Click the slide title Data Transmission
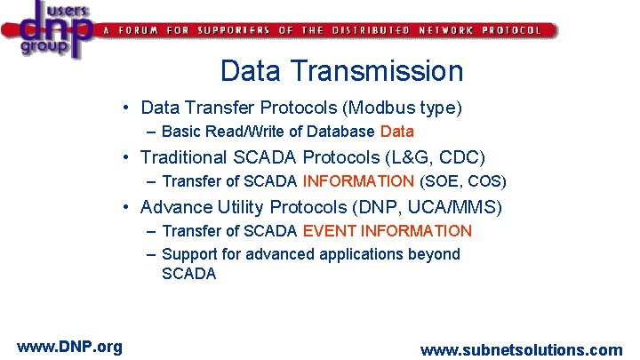point(341,70)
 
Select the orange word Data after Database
point(396,132)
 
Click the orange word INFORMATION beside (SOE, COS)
point(358,181)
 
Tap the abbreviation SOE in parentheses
point(441,181)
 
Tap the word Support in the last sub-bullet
point(190,254)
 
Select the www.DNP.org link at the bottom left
point(69,347)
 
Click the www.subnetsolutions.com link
point(521,350)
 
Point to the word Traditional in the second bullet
point(184,158)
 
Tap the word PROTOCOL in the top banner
point(511,30)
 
